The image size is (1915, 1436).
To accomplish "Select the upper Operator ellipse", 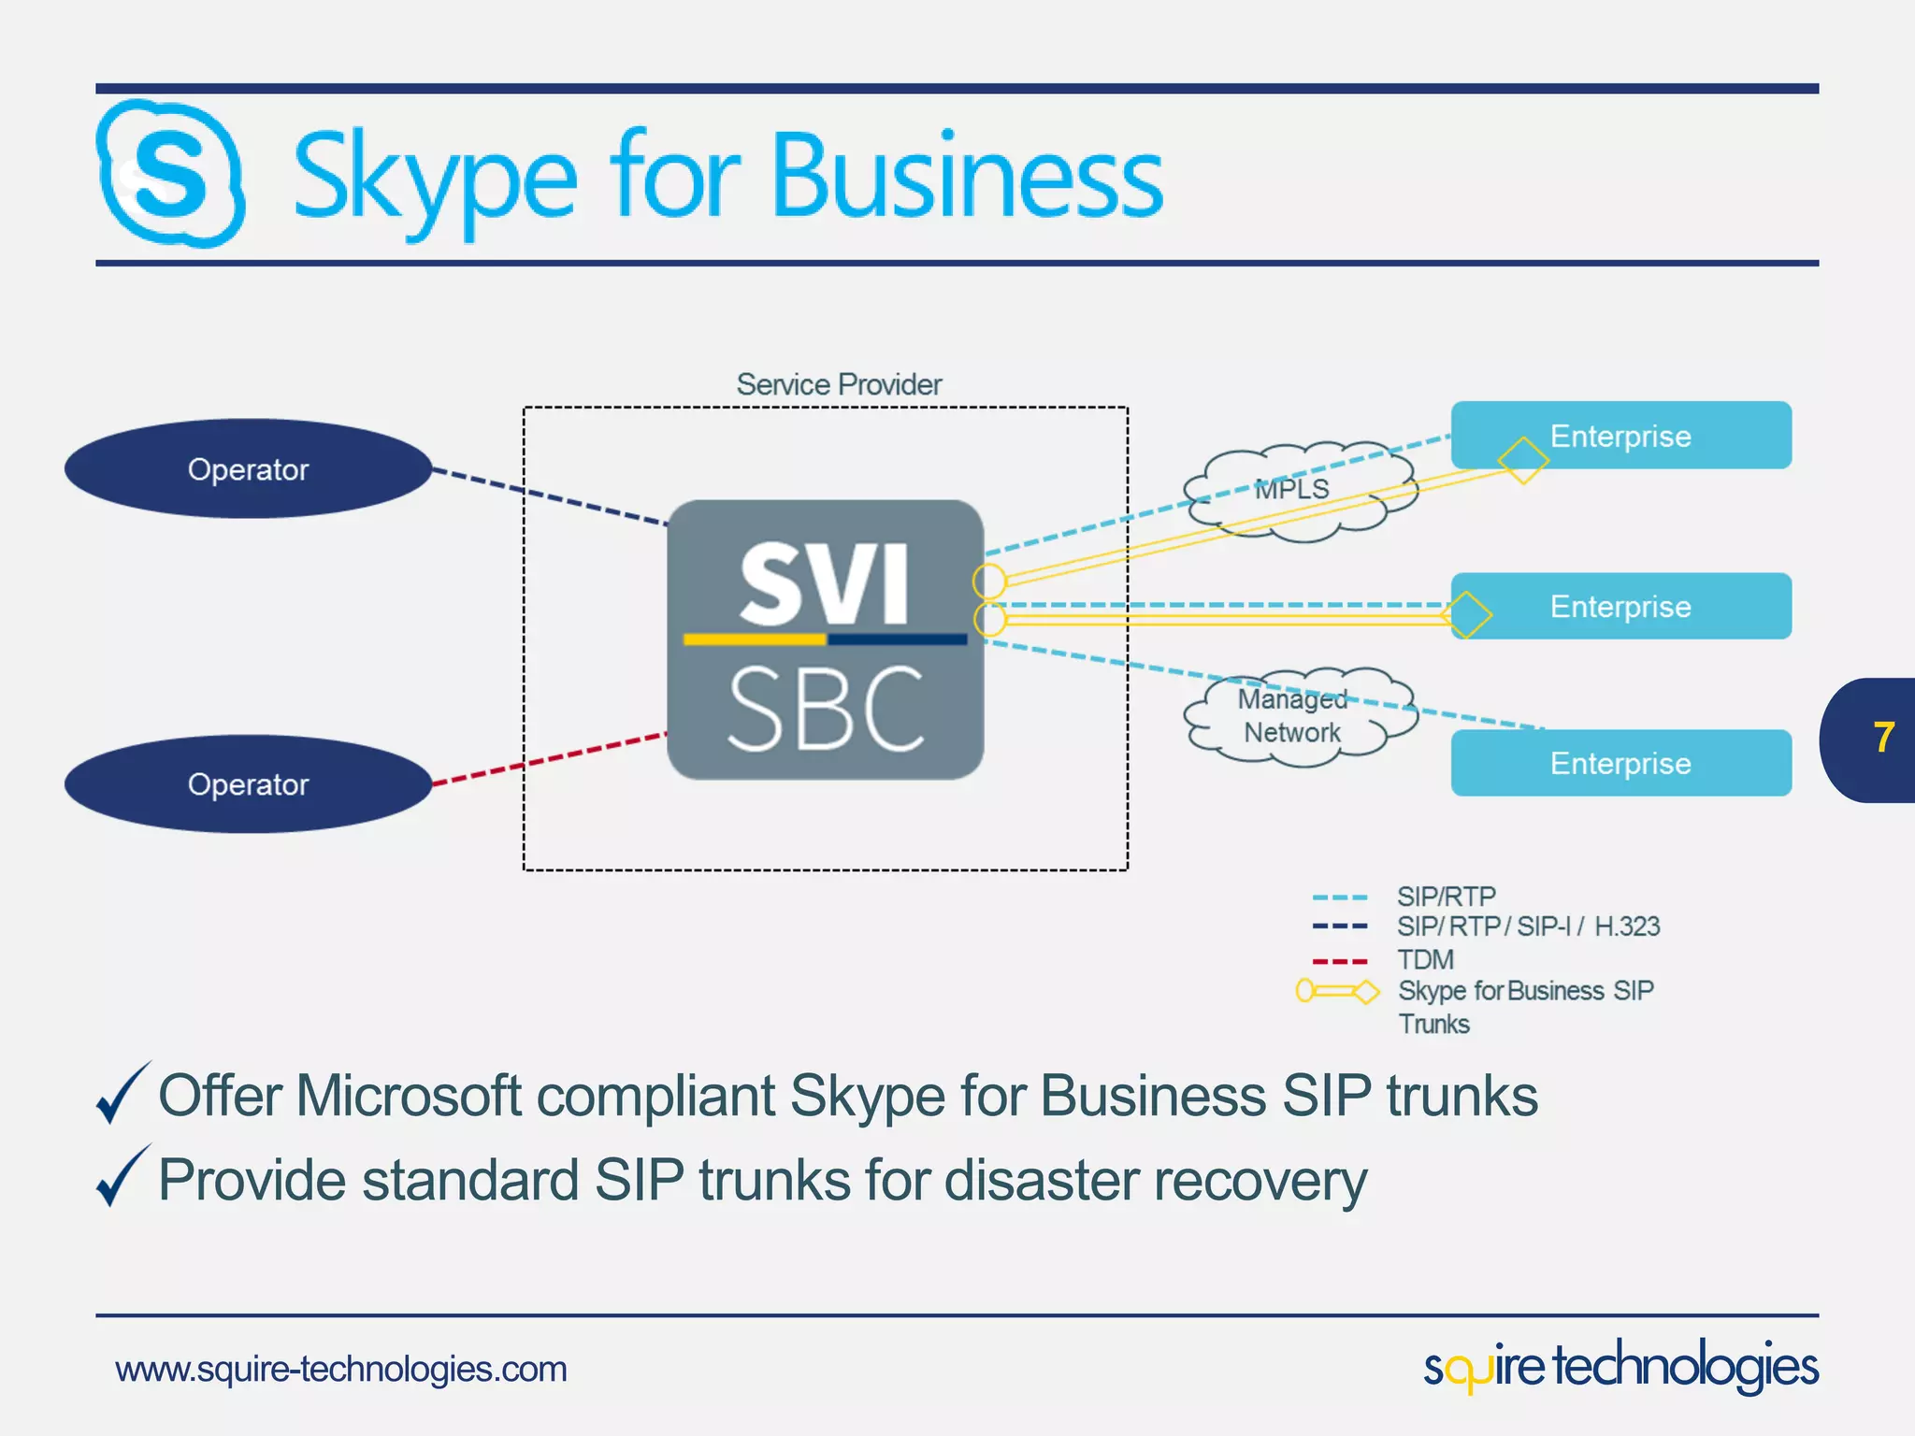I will coord(248,468).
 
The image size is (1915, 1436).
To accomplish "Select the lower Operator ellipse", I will coord(248,783).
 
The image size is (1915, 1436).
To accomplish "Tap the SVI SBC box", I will coord(825,639).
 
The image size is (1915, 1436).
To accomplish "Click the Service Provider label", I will coord(839,384).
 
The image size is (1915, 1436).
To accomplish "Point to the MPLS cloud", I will coord(1300,489).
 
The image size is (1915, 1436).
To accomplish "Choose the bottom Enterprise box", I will coord(1620,763).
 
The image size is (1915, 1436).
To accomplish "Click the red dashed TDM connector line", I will coord(550,758).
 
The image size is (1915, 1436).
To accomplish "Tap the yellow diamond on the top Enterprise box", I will coord(1523,460).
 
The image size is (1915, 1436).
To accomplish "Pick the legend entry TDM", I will coord(1425,960).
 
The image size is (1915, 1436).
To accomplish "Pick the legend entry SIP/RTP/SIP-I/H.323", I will coord(1528,926).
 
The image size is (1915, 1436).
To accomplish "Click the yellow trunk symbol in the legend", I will coord(1337,991).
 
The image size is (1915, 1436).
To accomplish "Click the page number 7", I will coord(1883,739).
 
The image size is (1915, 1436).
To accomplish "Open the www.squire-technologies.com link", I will coord(341,1370).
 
